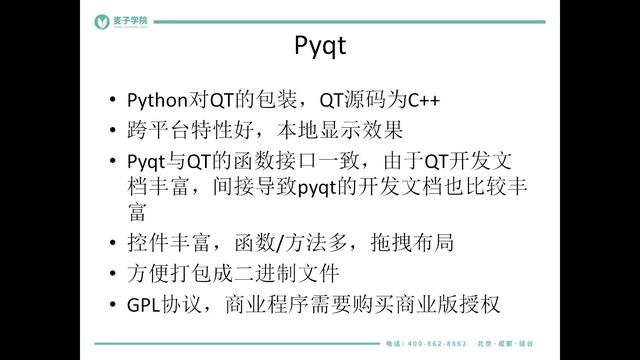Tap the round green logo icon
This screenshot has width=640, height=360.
tap(101, 21)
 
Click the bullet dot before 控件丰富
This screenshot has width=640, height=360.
tap(112, 243)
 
